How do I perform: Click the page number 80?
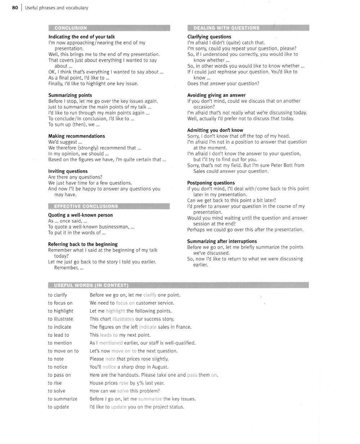coord(15,8)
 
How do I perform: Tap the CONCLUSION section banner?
coord(71,28)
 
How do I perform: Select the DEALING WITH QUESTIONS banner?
coord(226,28)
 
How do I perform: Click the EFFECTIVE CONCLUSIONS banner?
coord(86,206)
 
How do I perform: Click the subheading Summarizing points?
coord(70,95)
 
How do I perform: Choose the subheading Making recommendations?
coord(76,136)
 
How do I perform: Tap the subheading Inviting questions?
coord(68,171)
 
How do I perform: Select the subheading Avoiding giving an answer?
coord(216,95)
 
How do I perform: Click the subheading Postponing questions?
coord(211,183)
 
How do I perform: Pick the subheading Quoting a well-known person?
coord(80,215)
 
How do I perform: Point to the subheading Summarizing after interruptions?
coord(222,241)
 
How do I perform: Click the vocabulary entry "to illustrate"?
coord(60,319)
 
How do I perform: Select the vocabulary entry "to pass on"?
coord(59,375)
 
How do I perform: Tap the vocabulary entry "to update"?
coord(58,407)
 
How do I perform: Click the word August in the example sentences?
coord(160,367)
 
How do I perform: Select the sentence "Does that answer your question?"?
coord(223,84)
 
